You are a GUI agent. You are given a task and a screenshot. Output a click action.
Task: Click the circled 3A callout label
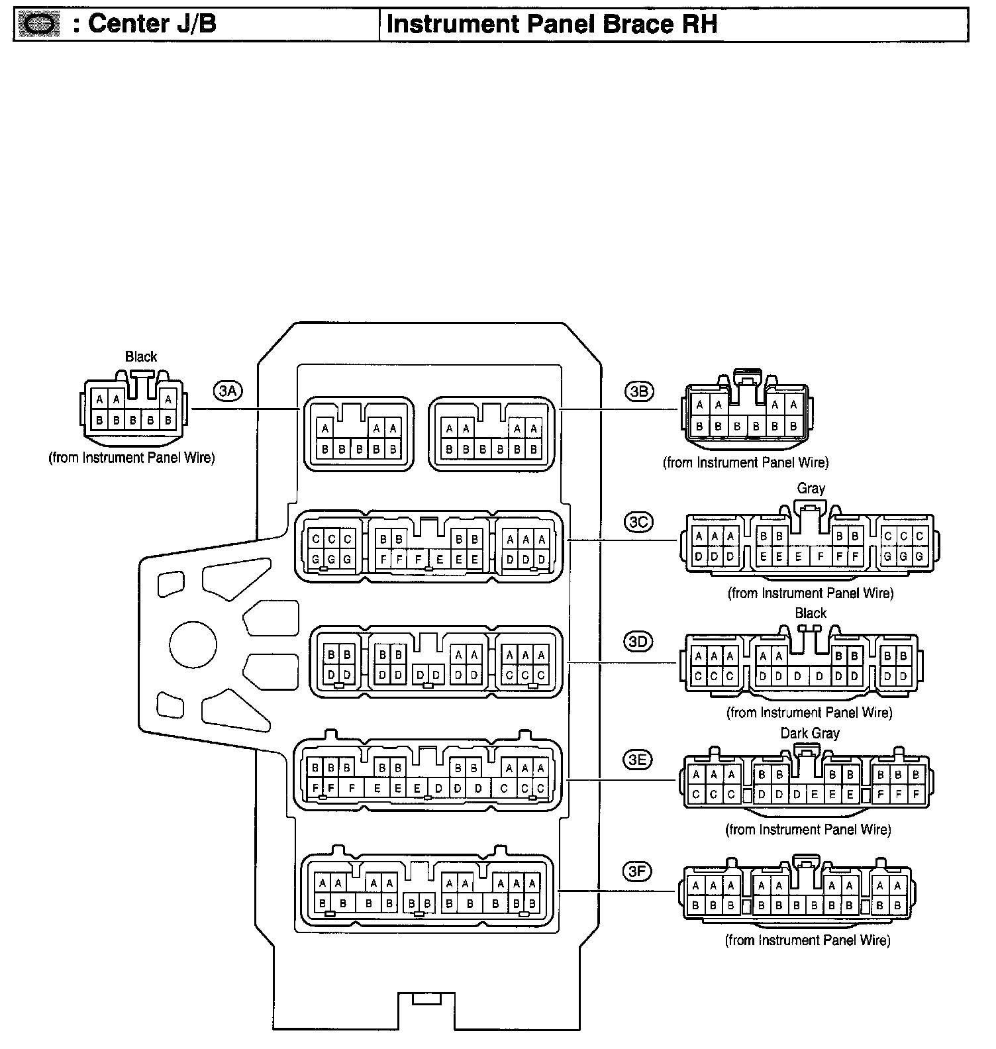[x=227, y=391]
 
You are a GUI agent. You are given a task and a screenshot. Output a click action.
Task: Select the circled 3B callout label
[x=638, y=391]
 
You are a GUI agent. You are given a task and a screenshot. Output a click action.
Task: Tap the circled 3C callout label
[x=638, y=522]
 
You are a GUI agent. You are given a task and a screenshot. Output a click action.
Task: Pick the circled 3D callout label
[x=638, y=641]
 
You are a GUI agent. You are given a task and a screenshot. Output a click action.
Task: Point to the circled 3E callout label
[x=637, y=760]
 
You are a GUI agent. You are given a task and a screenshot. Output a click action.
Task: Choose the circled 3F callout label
[x=637, y=872]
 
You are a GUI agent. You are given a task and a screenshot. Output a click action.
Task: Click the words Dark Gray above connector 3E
[x=809, y=733]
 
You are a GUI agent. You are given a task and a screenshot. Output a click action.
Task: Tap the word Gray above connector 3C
[x=811, y=488]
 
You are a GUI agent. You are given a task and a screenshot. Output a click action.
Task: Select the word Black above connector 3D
[x=811, y=613]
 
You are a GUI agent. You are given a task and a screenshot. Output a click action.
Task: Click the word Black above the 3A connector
[x=141, y=356]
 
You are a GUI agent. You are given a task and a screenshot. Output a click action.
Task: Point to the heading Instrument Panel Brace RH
[x=552, y=25]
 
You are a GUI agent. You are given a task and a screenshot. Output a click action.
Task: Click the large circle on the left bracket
[x=193, y=644]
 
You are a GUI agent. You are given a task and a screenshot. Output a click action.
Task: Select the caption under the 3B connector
[x=746, y=462]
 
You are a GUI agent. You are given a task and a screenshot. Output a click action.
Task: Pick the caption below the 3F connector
[x=807, y=940]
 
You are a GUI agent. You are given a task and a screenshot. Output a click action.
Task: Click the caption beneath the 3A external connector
[x=132, y=458]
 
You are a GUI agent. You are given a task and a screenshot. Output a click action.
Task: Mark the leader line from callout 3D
[x=622, y=662]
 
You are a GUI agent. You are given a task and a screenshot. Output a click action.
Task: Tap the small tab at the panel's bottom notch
[x=426, y=998]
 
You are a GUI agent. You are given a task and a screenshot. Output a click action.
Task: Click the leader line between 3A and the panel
[x=245, y=409]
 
